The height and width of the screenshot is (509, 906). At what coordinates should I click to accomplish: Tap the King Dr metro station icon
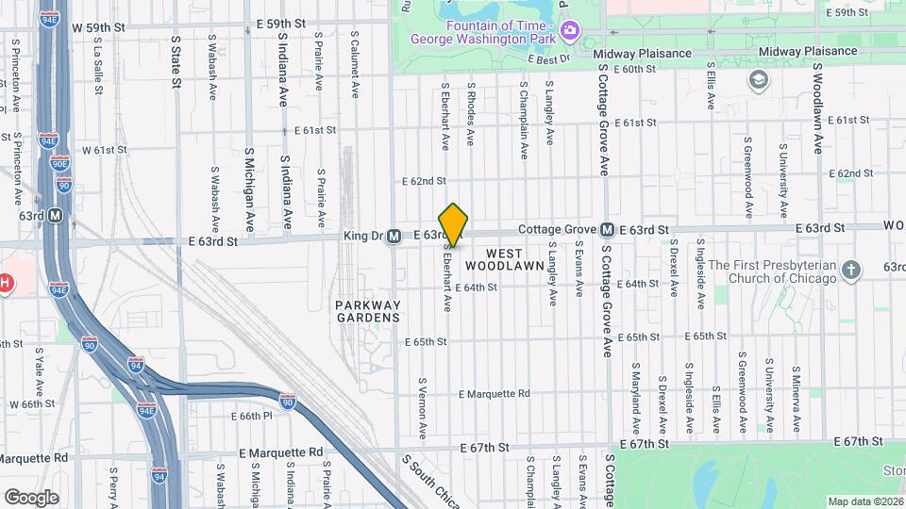coord(394,236)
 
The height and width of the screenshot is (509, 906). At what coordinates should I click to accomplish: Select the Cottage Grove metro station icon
coord(608,230)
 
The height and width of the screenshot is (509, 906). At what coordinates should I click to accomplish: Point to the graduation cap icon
coord(756,79)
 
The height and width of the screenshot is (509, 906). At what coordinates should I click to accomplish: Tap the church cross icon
coord(851,271)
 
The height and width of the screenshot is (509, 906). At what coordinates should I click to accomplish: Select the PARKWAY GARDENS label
coord(369,311)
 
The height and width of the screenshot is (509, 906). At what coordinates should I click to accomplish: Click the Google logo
coord(31,497)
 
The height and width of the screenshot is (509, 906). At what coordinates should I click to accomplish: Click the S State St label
coord(176,62)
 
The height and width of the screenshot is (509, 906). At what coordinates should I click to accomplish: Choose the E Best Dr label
coord(550,59)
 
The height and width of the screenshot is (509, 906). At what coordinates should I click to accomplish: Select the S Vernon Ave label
coord(423,410)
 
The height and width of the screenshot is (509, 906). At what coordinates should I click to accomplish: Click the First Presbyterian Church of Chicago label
coord(772,271)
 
